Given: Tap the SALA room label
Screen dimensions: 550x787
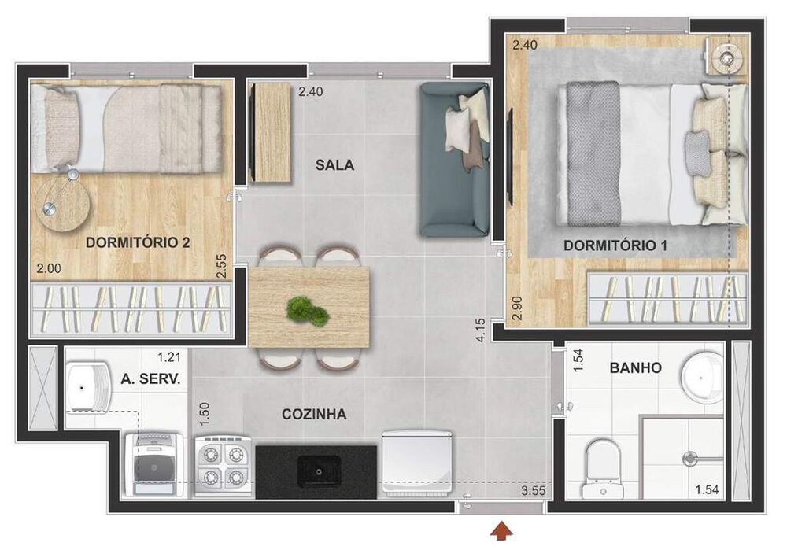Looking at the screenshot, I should click(x=334, y=165).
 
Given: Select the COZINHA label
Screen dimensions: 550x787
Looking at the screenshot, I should click(x=314, y=414).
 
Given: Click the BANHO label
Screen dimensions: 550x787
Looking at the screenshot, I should click(x=635, y=367).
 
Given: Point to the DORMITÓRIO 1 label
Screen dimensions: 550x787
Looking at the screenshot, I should click(x=615, y=246).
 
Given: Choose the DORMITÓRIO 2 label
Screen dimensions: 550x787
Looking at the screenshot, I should click(x=138, y=242).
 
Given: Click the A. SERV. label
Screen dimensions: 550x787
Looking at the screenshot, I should click(x=151, y=378).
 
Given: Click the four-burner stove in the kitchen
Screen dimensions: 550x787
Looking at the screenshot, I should click(x=224, y=464).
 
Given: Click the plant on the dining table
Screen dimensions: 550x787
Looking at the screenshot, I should click(x=308, y=309).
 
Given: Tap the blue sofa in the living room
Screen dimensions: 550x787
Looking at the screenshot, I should click(x=455, y=160).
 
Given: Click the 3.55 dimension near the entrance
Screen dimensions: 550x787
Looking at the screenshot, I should click(x=534, y=492).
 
